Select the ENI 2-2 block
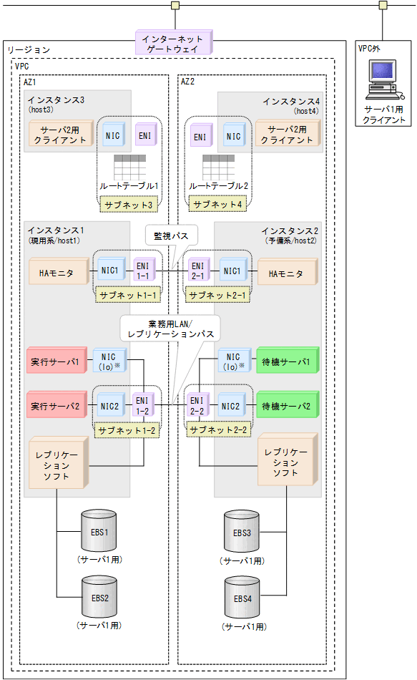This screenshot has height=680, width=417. [198, 406]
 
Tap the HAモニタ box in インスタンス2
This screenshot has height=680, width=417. [285, 273]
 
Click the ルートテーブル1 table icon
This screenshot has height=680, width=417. [129, 166]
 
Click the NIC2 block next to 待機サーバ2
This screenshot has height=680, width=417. [231, 406]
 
